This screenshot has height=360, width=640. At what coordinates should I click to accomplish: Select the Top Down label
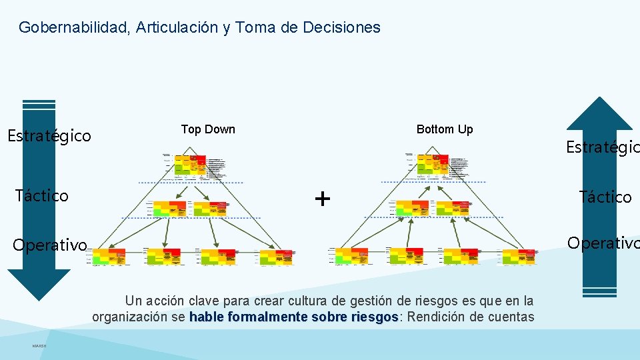point(208,129)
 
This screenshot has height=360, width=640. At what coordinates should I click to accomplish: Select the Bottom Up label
point(445,129)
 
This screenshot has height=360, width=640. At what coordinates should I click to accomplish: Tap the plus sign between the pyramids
point(322,199)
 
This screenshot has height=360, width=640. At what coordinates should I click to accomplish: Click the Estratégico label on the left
point(49,137)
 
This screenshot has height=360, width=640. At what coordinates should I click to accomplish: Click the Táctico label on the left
point(41,195)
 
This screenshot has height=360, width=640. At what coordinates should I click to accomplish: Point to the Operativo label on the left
point(50,245)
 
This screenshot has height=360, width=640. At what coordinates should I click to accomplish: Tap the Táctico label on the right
point(605,197)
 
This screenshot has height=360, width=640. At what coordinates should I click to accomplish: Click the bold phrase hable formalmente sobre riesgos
point(294,317)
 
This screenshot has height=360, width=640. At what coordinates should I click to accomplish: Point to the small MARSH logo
point(39,345)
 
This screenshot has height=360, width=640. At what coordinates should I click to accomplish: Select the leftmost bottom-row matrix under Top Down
point(109,257)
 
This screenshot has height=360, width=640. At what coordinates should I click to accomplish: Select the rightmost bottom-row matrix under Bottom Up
point(519,257)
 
